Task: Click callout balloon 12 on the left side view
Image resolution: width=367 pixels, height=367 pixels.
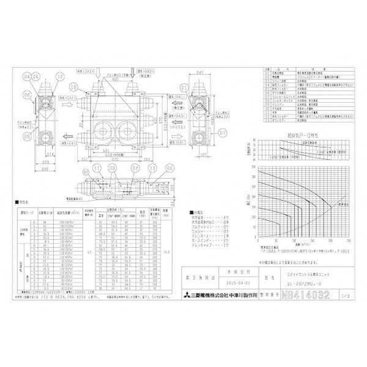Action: [59, 76]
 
